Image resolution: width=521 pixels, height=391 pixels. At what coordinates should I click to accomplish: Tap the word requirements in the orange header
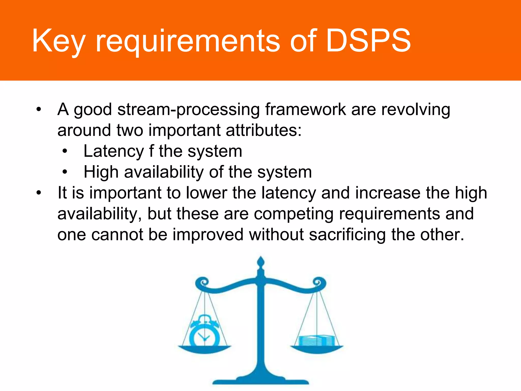(188, 42)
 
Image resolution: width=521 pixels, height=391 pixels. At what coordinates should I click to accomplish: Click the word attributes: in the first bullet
(263, 130)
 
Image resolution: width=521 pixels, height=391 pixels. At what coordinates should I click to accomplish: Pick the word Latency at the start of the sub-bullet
(113, 152)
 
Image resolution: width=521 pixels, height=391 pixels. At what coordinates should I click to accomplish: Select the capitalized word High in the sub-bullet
(101, 172)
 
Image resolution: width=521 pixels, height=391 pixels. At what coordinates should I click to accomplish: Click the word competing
(294, 214)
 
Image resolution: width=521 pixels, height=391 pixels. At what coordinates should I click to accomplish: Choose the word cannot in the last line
(117, 235)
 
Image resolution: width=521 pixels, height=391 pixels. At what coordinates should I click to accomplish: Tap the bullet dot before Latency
(65, 151)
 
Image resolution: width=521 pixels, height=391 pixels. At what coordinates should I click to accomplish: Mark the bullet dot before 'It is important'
(38, 193)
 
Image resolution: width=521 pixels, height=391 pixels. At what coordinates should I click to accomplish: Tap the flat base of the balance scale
(260, 381)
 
